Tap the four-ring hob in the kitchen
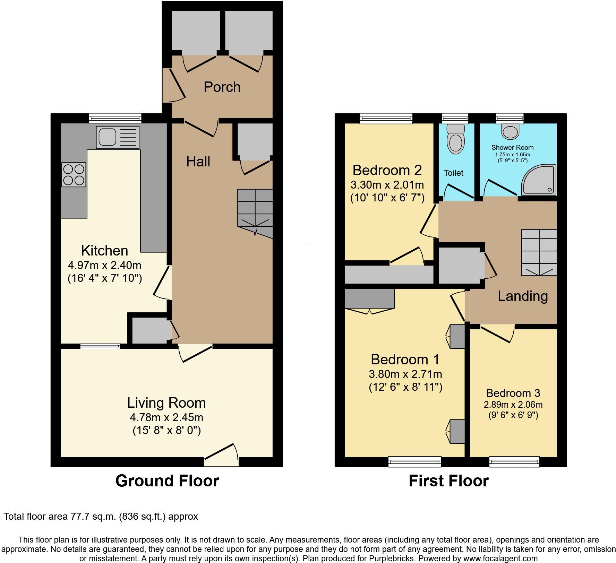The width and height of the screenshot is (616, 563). pyautogui.click(x=74, y=174)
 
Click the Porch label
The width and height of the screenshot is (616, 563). pyautogui.click(x=222, y=87)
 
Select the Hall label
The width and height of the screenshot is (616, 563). pyautogui.click(x=198, y=162)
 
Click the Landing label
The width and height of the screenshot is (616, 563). pyautogui.click(x=523, y=296)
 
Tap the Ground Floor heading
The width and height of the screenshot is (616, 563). pyautogui.click(x=167, y=481)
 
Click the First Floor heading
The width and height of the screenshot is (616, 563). pyautogui.click(x=448, y=481)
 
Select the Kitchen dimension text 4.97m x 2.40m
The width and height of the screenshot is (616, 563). pyautogui.click(x=104, y=266)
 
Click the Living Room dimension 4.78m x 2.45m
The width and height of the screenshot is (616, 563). pyautogui.click(x=166, y=417)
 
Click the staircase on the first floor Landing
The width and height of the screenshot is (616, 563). pyautogui.click(x=539, y=252)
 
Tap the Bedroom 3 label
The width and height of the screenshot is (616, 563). pyautogui.click(x=513, y=393)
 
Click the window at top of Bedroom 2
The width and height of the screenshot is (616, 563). pyautogui.click(x=386, y=119)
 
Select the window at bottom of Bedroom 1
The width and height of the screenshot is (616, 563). pyautogui.click(x=414, y=461)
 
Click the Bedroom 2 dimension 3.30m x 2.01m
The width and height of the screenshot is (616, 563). pyautogui.click(x=387, y=185)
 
